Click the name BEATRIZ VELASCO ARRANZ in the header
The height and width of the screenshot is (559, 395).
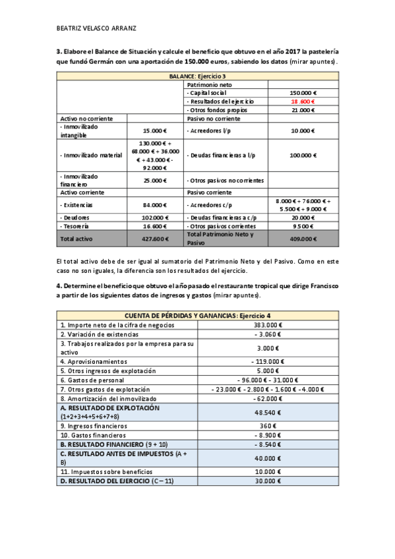click(x=96, y=28)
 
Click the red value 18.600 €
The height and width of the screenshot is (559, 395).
click(x=303, y=102)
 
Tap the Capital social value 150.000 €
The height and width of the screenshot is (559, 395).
click(x=303, y=93)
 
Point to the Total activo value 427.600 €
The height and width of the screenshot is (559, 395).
click(x=155, y=239)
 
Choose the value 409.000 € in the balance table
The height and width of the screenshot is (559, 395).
click(x=303, y=239)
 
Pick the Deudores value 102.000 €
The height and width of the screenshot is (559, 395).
click(x=155, y=217)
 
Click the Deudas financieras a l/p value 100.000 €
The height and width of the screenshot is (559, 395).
click(x=303, y=156)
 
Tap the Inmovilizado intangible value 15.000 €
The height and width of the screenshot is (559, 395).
click(x=155, y=131)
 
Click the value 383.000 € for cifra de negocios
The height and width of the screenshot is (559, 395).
click(x=267, y=325)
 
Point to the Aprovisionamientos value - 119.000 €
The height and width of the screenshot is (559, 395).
click(x=267, y=361)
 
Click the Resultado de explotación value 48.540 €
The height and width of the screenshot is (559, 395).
click(x=267, y=412)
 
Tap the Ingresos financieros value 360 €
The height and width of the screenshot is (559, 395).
click(x=267, y=426)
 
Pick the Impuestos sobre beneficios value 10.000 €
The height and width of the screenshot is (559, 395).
click(x=267, y=471)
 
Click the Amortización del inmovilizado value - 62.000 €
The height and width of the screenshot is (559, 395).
click(x=267, y=398)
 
